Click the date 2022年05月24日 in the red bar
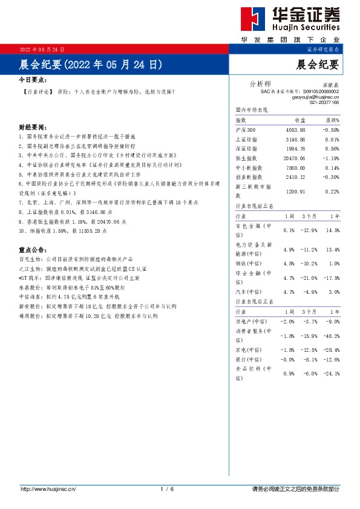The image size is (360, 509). pyautogui.click(x=42, y=49)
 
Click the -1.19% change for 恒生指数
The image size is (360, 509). pyautogui.click(x=330, y=158)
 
